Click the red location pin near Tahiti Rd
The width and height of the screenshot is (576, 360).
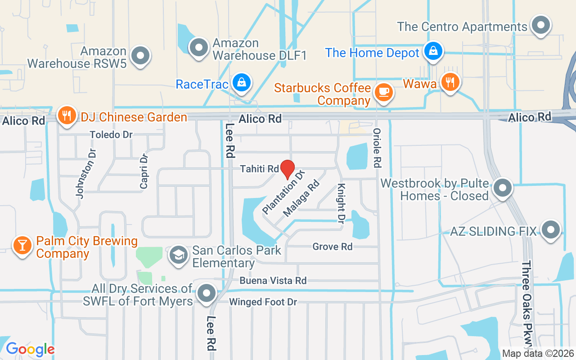click(288, 169)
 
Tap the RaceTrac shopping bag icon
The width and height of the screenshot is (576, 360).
click(242, 82)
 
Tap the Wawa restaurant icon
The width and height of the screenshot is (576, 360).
click(450, 82)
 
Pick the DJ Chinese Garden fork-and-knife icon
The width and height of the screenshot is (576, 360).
click(67, 116)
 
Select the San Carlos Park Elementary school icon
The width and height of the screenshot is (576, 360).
click(179, 255)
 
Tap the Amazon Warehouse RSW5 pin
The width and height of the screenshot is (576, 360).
click(140, 56)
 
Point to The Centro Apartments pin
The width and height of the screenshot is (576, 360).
click(540, 25)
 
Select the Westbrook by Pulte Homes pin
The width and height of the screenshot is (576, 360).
click(503, 188)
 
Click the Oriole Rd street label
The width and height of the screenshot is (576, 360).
click(377, 148)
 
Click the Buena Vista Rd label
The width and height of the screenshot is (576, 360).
click(273, 281)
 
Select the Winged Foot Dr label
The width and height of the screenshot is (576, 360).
click(263, 302)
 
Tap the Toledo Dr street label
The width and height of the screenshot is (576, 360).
click(111, 135)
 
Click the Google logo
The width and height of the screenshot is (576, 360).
click(30, 349)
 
